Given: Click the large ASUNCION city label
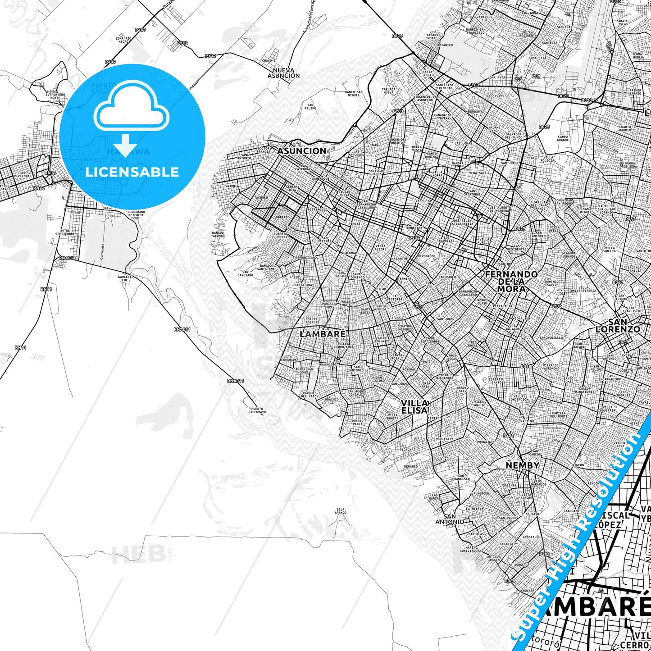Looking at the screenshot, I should click(301, 151).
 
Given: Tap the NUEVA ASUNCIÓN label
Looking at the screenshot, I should click(283, 73).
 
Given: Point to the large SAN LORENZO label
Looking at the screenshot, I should click(618, 326).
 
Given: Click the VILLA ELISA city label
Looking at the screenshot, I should click(414, 406).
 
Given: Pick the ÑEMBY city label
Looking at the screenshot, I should click(523, 465).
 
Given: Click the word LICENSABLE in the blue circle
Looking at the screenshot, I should click(132, 172).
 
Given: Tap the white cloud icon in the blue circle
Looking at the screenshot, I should click(131, 108).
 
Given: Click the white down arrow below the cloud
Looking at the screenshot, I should click(125, 145).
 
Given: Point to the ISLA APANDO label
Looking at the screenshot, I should click(341, 511).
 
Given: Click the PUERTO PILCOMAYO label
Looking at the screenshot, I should click(257, 410).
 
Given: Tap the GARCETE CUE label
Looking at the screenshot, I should click(125, 278).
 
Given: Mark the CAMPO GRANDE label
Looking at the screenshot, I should click(563, 138).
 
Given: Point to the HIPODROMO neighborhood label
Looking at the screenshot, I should click(427, 255).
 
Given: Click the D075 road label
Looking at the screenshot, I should click(397, 36).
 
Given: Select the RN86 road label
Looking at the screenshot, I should click(39, 188).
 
